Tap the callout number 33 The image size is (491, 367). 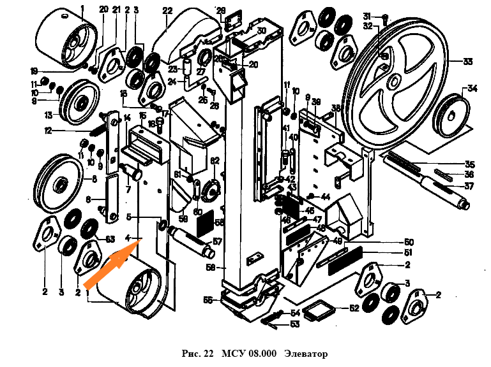click(467, 62)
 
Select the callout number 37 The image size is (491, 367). click(469, 186)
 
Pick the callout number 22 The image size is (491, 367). click(167, 10)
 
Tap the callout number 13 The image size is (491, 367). click(48, 115)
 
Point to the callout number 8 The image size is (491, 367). click(94, 179)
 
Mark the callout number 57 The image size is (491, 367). click(217, 242)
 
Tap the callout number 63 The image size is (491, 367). click(110, 240)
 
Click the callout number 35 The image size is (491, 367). click(469, 163)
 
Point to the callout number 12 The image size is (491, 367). click(47, 131)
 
